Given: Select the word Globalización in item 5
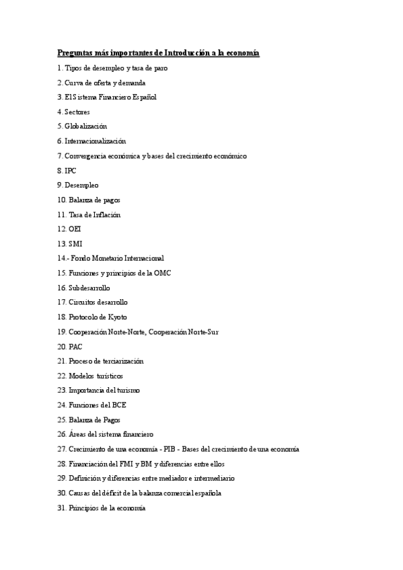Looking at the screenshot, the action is (86, 126).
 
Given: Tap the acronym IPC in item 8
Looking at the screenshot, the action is (71, 171).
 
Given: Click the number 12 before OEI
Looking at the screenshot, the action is (62, 229).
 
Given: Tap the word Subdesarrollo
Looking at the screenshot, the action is (89, 288).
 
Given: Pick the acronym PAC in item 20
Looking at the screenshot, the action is (75, 347).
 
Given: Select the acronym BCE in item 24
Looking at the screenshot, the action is (118, 405).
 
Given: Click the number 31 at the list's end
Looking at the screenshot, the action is (62, 508).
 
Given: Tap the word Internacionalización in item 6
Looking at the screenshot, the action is (95, 141).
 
